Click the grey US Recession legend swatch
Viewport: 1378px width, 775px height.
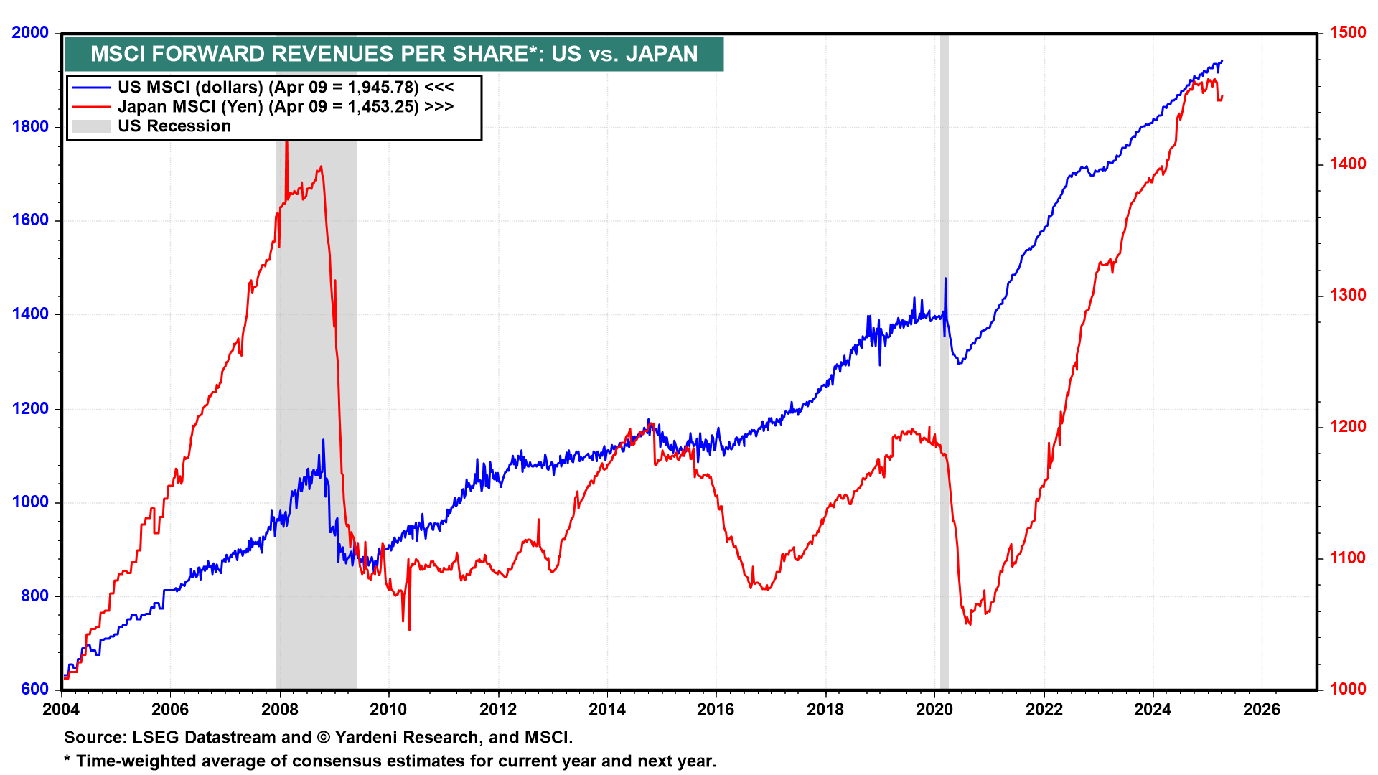click(x=92, y=126)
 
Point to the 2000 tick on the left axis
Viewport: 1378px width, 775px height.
click(x=30, y=32)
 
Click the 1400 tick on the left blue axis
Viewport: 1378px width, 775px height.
click(x=30, y=314)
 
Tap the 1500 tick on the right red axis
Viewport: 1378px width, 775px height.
click(x=1348, y=32)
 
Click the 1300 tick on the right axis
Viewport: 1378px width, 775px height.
click(x=1348, y=295)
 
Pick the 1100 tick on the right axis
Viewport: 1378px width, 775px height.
click(x=1348, y=558)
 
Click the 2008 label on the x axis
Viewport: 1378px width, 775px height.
click(x=279, y=709)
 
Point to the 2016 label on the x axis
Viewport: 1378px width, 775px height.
click(x=716, y=709)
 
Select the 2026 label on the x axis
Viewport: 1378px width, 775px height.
click(x=1261, y=709)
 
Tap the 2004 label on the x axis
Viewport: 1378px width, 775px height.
click(x=61, y=709)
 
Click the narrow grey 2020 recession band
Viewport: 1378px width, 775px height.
click(x=945, y=502)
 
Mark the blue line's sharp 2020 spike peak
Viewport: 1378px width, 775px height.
click(x=945, y=278)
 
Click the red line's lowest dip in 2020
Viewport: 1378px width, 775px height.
click(x=969, y=624)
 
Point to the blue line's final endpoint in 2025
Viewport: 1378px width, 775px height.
click(x=1222, y=61)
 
